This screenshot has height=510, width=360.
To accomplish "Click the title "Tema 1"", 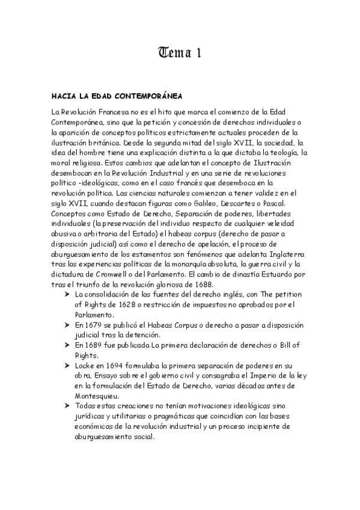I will click(180, 54).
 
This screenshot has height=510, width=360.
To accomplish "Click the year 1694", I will click(117, 366).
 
